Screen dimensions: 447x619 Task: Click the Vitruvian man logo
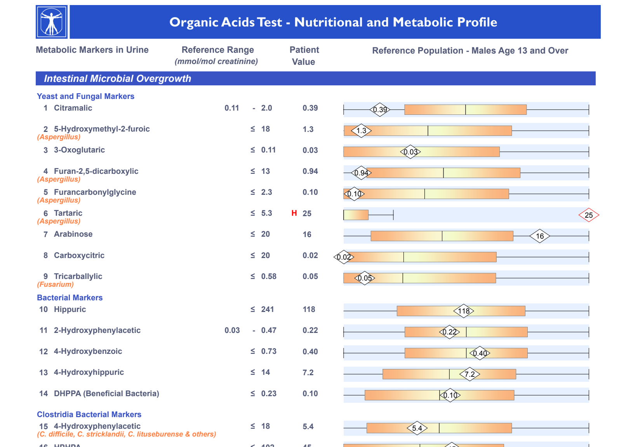pos(52,22)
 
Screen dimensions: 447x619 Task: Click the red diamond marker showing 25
pos(589,215)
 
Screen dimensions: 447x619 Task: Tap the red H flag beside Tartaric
pos(294,213)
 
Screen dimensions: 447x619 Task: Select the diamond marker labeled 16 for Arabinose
pos(540,236)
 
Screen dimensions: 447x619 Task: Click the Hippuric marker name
pos(70,309)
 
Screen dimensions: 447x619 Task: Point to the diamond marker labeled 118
pos(464,311)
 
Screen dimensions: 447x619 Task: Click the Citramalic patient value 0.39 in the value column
pos(310,108)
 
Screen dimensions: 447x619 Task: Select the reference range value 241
pos(268,309)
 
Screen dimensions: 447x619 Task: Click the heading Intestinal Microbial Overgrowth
pos(117,78)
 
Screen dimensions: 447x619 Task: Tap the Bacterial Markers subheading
pos(70,298)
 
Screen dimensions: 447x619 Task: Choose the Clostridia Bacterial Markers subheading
pos(89,414)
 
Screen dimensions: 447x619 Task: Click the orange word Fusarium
pos(56,284)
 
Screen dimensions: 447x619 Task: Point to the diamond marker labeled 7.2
pos(469,374)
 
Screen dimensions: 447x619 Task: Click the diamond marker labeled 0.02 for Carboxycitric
pos(344,257)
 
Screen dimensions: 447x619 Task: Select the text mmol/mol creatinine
pos(216,61)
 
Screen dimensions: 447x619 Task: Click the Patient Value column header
pos(304,55)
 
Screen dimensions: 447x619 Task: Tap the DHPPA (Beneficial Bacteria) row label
pos(106,393)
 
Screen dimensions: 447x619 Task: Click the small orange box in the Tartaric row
pos(356,215)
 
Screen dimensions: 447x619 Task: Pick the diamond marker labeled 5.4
pos(417,428)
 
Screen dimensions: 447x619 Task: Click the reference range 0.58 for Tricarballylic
pos(269,276)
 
